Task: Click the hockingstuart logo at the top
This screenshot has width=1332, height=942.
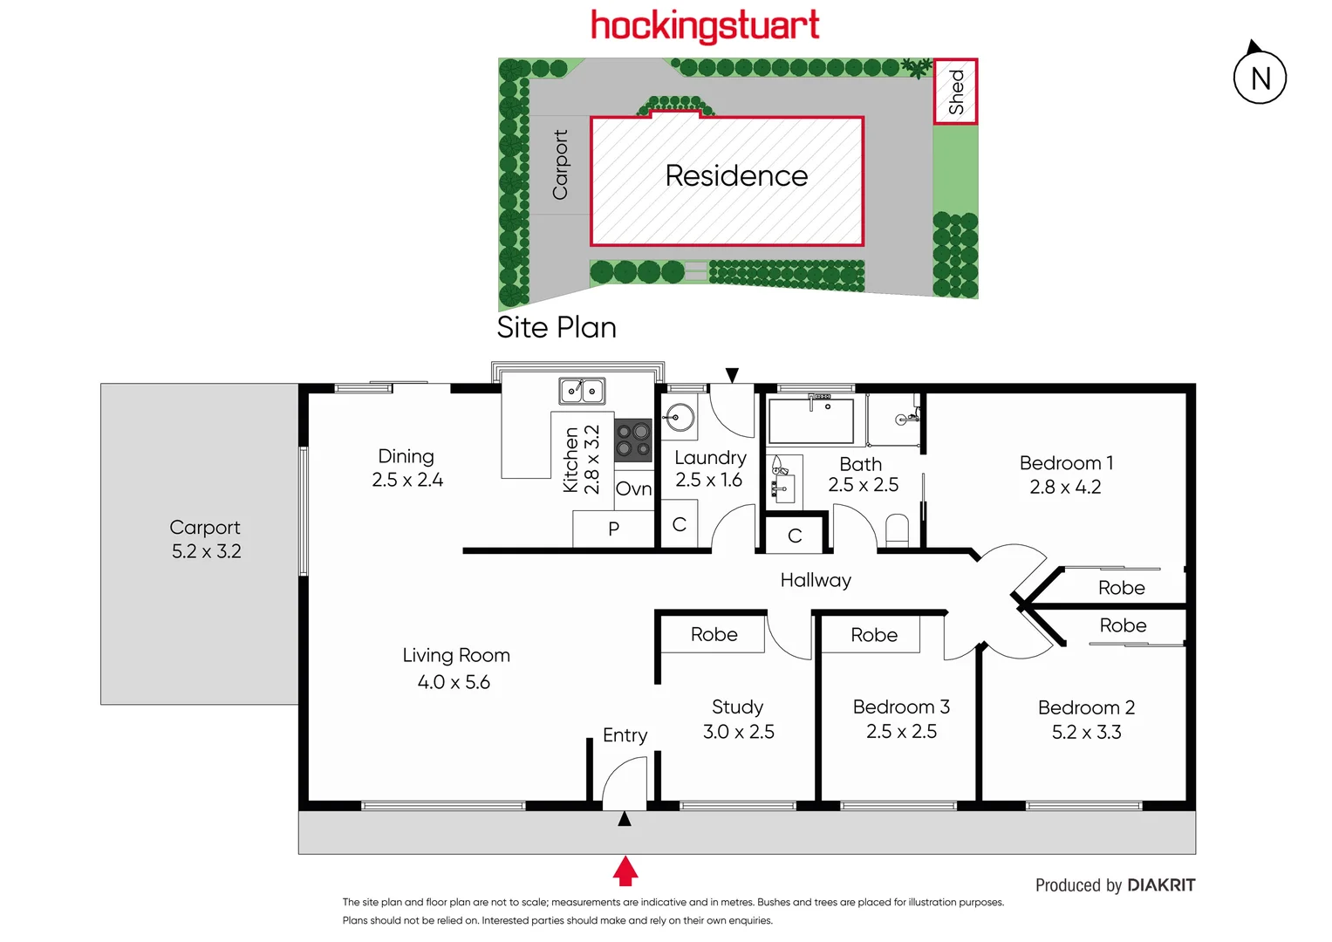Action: tap(705, 26)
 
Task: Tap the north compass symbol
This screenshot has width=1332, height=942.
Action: tap(1260, 78)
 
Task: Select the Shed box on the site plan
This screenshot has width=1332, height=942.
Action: tap(956, 92)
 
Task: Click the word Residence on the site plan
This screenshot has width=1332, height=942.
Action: tap(736, 176)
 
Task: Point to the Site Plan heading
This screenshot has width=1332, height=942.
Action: tap(557, 328)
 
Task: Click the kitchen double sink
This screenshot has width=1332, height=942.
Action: tap(582, 391)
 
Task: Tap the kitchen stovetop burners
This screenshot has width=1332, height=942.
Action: tap(633, 440)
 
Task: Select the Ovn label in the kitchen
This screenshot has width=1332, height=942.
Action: tap(633, 489)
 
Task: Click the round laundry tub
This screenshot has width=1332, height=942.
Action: tap(680, 418)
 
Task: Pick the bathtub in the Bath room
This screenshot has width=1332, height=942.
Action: tap(810, 420)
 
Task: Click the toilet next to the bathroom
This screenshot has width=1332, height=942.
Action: tap(897, 529)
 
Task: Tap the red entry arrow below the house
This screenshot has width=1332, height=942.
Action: tap(625, 870)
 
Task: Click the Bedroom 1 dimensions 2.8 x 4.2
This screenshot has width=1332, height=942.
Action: tap(1065, 488)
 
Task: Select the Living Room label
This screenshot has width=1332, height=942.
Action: tap(456, 656)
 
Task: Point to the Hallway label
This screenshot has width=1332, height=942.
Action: tap(816, 581)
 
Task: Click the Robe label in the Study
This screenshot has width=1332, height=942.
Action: tap(714, 635)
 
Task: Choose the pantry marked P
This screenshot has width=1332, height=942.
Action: tap(613, 529)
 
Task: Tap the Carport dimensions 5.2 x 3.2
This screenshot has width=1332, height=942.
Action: tap(206, 551)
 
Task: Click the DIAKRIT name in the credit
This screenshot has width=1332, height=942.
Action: tap(1161, 885)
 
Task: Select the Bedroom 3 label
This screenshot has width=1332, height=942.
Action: tap(901, 707)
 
